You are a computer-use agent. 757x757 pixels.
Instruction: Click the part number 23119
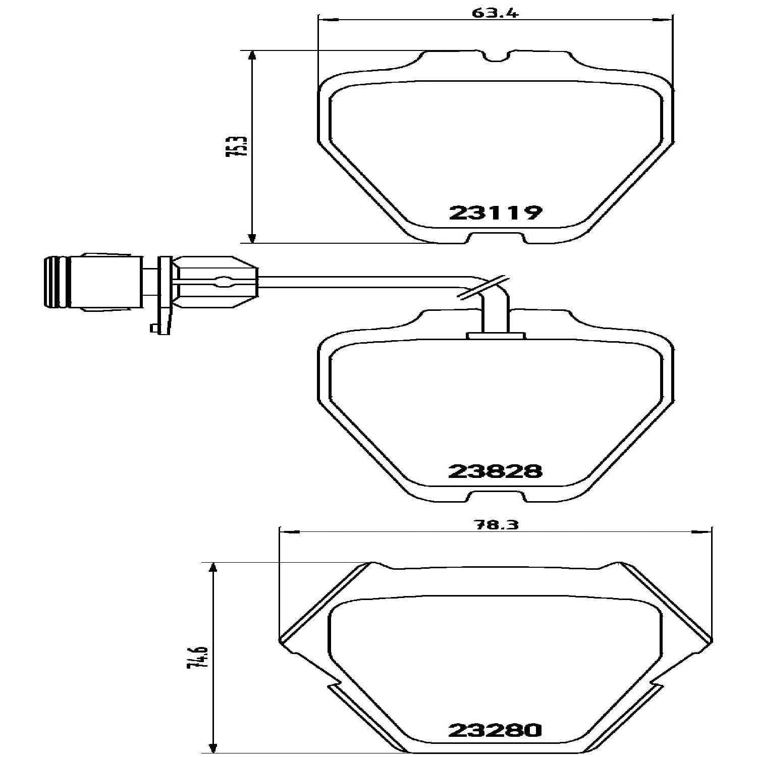click(x=496, y=212)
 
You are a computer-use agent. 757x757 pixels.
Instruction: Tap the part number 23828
click(x=496, y=471)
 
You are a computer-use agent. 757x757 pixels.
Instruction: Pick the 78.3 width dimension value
click(x=496, y=524)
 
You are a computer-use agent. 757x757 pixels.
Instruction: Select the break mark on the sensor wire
click(x=483, y=288)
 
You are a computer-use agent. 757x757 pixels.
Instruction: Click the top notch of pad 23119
click(x=495, y=56)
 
